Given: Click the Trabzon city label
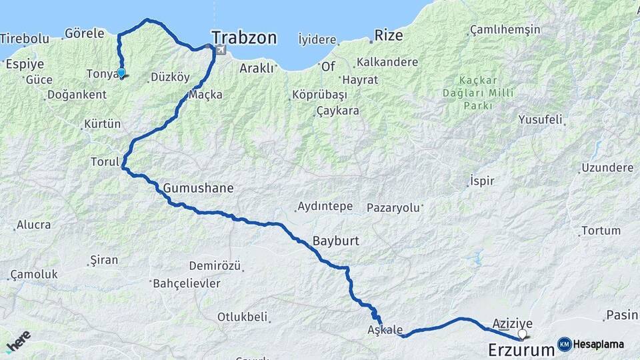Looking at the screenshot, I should click(244, 37).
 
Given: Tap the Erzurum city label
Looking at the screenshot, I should click(521, 349).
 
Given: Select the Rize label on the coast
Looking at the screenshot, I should click(389, 35).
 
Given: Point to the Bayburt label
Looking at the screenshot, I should click(335, 241).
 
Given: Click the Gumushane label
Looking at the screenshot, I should click(198, 188).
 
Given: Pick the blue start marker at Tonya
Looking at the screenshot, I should click(121, 73).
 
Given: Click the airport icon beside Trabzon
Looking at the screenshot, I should click(220, 50).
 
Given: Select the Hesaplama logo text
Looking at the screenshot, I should click(598, 345).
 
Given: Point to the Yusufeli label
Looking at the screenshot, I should click(540, 120).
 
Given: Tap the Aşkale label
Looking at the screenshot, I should click(385, 329).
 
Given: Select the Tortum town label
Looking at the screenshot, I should click(601, 231).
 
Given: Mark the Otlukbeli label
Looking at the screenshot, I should click(242, 316).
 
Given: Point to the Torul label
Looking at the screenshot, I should click(104, 161).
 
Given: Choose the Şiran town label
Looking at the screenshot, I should click(103, 260).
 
